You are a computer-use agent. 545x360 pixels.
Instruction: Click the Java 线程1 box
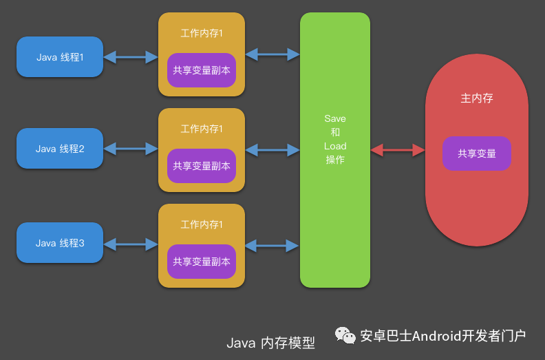pyautogui.click(x=60, y=56)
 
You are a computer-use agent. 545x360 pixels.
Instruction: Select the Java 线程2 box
pyautogui.click(x=60, y=148)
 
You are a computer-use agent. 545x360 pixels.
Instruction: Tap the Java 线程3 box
pyautogui.click(x=60, y=243)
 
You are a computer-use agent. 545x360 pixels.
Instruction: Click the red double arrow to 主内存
pyautogui.click(x=398, y=149)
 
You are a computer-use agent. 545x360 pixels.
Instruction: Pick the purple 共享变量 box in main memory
pyautogui.click(x=477, y=153)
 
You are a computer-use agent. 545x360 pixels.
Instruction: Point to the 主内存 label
pyautogui.click(x=477, y=98)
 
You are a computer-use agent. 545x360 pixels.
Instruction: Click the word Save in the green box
pyautogui.click(x=335, y=119)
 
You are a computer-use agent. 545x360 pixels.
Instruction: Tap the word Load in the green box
pyautogui.click(x=335, y=146)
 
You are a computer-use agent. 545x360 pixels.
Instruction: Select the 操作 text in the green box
pyautogui.click(x=335, y=160)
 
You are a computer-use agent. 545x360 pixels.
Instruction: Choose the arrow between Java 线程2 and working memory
pyautogui.click(x=131, y=148)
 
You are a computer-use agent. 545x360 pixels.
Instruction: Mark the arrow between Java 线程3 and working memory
pyautogui.click(x=131, y=243)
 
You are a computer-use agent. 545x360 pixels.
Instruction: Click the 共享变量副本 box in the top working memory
pyautogui.click(x=202, y=70)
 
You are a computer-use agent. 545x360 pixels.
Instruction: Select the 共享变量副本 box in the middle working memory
pyautogui.click(x=202, y=166)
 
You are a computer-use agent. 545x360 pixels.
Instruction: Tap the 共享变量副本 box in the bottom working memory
pyautogui.click(x=202, y=262)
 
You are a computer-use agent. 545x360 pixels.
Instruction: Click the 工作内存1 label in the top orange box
pyautogui.click(x=202, y=33)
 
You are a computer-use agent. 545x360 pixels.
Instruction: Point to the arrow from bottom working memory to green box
pyautogui.click(x=272, y=244)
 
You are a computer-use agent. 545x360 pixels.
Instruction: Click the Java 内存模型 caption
pyautogui.click(x=270, y=343)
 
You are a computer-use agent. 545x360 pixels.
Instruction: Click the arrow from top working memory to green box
pyautogui.click(x=272, y=53)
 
